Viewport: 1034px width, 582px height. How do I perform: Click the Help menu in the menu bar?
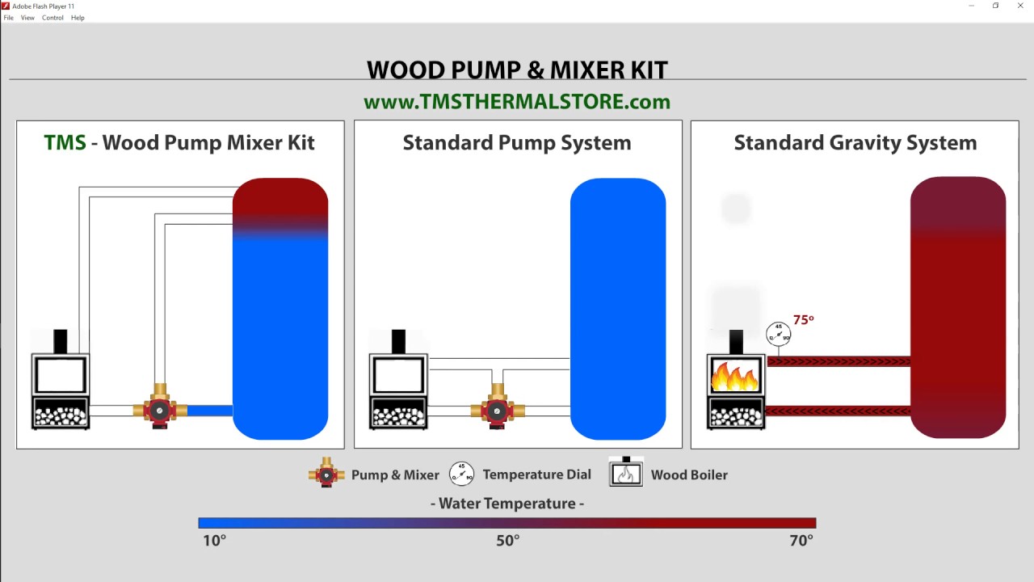78,18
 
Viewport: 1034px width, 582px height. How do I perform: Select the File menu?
8,18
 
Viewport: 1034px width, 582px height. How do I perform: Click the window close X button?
1020,6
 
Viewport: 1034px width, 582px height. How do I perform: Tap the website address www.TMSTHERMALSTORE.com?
517,102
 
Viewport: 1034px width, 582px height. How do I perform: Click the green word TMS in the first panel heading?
65,143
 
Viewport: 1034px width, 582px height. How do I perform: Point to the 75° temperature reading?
803,320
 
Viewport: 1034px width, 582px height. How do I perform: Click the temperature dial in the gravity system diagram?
778,333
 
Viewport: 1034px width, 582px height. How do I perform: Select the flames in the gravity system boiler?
735,376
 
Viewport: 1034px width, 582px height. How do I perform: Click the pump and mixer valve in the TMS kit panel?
160,410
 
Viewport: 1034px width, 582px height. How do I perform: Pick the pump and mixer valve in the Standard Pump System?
498,410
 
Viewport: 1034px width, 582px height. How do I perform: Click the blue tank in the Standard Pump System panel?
618,307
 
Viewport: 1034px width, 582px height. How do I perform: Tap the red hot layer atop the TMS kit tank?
280,198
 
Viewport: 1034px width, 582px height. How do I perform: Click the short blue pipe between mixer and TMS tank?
210,411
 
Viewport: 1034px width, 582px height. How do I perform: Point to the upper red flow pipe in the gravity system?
838,361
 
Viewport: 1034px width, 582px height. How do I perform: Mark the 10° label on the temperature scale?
214,541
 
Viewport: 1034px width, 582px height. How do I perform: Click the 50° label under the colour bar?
507,541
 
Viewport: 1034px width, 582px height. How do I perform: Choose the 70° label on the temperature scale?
801,541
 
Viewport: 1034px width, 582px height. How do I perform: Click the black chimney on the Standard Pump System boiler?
398,341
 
